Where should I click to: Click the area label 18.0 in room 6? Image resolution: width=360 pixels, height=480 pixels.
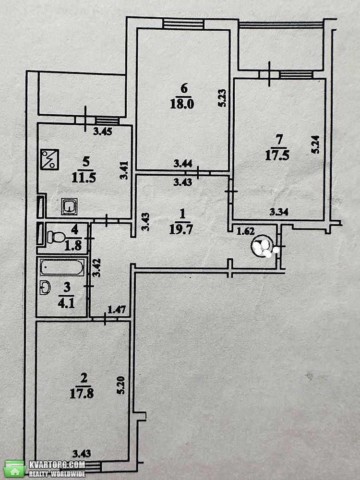coord(182,104)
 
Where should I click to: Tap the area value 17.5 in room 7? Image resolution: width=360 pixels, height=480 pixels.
coord(277,156)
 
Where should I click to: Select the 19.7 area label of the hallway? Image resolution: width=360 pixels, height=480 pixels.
coord(181,229)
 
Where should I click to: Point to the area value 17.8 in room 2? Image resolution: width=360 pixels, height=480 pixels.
coord(82,394)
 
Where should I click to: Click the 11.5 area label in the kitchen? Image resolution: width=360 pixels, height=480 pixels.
coord(84,177)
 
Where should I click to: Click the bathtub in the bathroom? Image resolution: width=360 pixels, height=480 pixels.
coord(62,267)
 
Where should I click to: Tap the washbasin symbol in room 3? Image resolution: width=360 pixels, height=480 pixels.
coord(45,288)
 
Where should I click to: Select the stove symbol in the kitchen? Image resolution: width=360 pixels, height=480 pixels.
coord(49,159)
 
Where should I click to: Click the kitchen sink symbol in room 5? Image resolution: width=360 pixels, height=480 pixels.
coord(70,206)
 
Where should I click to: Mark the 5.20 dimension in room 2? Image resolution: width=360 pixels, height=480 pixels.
coord(121,385)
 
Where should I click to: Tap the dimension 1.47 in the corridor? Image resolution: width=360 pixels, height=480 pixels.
coord(117,310)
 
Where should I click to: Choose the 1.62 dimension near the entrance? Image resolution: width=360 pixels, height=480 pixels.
coord(246,231)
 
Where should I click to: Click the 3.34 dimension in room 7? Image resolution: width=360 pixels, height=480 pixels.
coord(278,212)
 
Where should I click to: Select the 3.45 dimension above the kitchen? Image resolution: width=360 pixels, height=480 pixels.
coord(103,132)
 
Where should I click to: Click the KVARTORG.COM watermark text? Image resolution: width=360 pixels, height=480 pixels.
coord(57,465)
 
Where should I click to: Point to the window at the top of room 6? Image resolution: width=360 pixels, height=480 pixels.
coord(184,24)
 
